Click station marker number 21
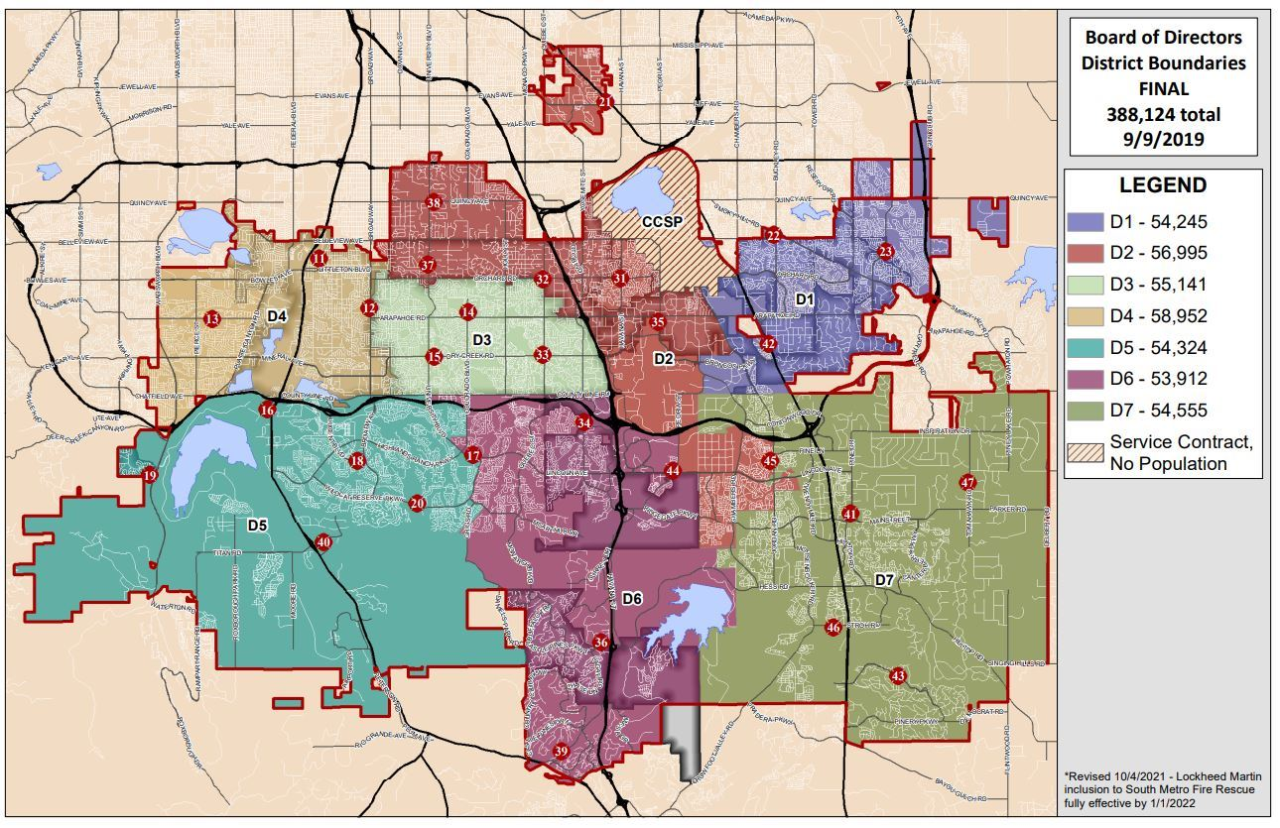click(x=605, y=101)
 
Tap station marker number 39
click(x=561, y=752)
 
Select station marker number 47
click(x=967, y=483)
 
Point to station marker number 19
click(x=150, y=476)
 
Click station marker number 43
click(x=898, y=676)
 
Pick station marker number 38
click(x=434, y=203)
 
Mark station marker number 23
click(x=885, y=252)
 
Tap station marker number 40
click(x=322, y=542)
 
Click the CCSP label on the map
click(x=661, y=221)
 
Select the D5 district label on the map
click(x=257, y=524)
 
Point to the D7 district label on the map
click(x=883, y=579)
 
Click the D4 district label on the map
click(x=277, y=315)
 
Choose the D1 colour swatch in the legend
click(x=1085, y=221)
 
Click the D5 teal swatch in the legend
click(x=1085, y=348)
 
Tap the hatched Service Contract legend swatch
click(x=1085, y=451)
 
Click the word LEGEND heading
click(x=1163, y=185)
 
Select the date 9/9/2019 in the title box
click(x=1163, y=140)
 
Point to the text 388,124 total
click(x=1163, y=114)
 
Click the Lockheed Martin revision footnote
click(x=1161, y=789)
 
